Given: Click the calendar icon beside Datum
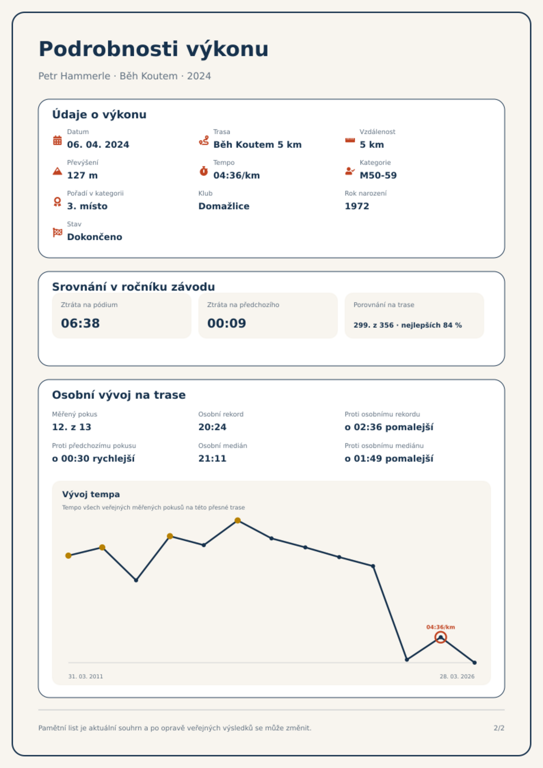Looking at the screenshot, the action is coord(57,140).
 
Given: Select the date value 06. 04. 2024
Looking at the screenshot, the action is coord(98,145).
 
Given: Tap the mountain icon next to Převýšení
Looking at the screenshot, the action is coord(57,171).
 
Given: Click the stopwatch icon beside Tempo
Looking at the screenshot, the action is coord(204,171).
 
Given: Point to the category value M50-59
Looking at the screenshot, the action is coord(378,175).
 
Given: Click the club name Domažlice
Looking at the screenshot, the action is coord(224,206).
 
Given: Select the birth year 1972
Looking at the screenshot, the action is coord(357,206).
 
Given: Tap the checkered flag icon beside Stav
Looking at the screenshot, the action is coord(57,233).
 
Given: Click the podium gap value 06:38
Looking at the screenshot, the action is coord(80,323).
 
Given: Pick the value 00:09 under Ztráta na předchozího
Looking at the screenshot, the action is coord(227,323).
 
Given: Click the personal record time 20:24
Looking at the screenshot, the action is coord(212,427).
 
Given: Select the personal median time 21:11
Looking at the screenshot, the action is coord(212,459).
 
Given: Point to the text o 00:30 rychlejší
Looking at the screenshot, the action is coord(93,459).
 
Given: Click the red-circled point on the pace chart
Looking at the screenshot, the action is coord(441,637).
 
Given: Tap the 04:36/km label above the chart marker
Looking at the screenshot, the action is coord(441,627).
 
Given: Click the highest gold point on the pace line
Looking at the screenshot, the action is coord(238,521).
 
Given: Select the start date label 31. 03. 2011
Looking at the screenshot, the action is coord(85,676).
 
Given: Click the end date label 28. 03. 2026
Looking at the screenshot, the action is coord(457,676).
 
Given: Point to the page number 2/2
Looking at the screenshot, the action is coord(499,728).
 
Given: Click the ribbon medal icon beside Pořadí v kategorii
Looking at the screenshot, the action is coord(57,202).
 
